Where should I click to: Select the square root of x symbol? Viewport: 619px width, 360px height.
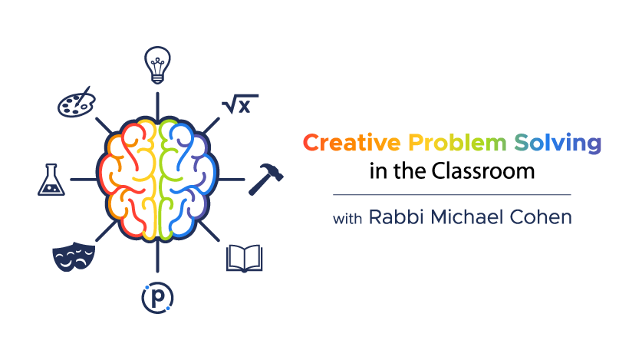point(239,104)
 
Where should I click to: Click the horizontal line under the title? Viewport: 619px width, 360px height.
point(452,194)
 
